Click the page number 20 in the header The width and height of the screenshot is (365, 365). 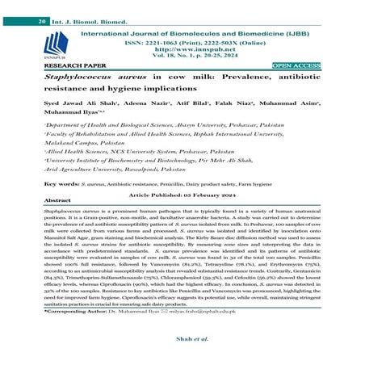(19, 7)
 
